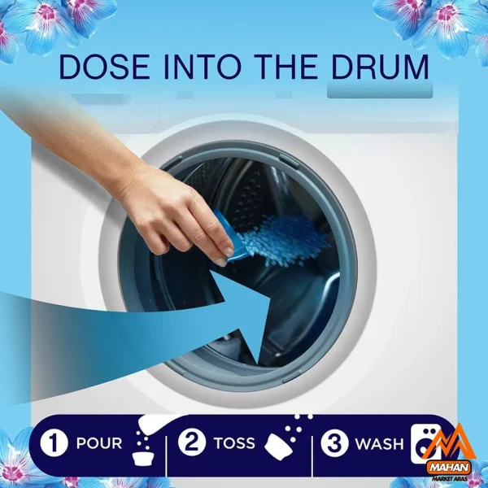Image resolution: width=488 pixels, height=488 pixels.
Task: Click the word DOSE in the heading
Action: (104, 68)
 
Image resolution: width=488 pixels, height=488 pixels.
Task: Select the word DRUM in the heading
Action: (381, 68)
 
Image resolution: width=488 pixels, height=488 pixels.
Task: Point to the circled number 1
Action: (54, 443)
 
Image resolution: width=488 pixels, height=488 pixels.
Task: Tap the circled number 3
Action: (334, 443)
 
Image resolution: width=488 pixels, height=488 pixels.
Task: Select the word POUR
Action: (99, 443)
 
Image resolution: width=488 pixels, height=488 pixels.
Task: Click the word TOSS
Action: (234, 443)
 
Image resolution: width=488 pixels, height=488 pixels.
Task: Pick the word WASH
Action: (379, 444)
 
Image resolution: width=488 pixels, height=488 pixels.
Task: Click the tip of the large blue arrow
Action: (257, 364)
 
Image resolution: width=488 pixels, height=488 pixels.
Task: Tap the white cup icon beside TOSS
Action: (278, 447)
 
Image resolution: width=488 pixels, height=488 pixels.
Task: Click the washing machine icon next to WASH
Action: (424, 443)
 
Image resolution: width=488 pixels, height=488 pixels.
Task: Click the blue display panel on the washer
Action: (380, 91)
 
